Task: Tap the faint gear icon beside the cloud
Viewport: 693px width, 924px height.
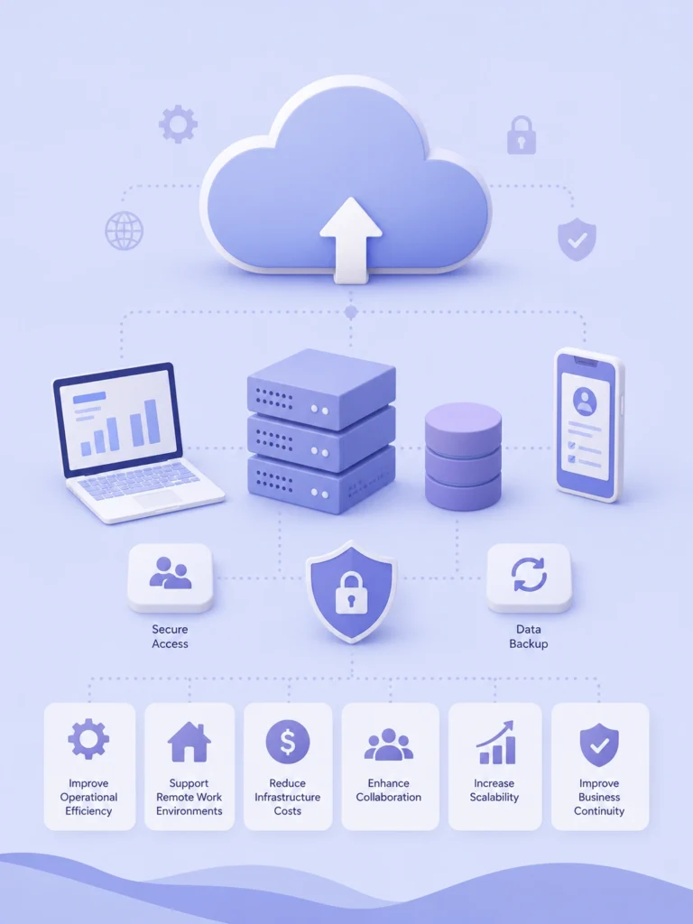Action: [x=178, y=125]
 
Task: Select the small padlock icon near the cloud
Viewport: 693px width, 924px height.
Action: [x=522, y=135]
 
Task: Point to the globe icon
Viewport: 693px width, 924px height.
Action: [x=124, y=230]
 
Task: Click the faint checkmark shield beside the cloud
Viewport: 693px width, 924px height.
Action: [x=577, y=238]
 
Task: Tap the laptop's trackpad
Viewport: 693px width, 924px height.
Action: [x=157, y=499]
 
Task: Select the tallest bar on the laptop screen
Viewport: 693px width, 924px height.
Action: [x=152, y=421]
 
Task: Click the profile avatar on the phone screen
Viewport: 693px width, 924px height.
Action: [x=585, y=402]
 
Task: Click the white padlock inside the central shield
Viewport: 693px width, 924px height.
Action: [x=351, y=592]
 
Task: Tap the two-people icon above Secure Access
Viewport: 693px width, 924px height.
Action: [x=171, y=573]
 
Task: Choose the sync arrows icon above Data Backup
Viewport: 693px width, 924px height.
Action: [x=529, y=575]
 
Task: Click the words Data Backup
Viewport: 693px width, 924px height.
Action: [x=528, y=636]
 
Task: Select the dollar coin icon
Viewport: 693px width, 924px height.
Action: [x=288, y=742]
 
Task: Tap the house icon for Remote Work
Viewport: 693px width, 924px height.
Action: [x=189, y=742]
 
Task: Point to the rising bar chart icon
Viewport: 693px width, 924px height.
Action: [x=495, y=743]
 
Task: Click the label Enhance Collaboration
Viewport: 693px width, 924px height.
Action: [x=388, y=790]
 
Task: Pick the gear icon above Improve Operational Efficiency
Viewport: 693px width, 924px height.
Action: [x=88, y=739]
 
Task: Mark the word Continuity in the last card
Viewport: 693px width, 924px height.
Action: [x=599, y=811]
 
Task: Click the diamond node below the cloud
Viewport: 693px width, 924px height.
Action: [x=351, y=311]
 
